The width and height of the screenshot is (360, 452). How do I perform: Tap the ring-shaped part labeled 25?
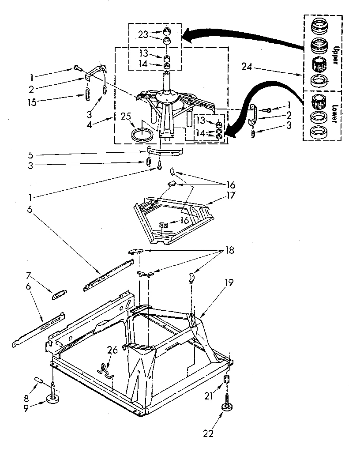[142, 134]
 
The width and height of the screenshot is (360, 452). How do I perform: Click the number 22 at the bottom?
[208, 434]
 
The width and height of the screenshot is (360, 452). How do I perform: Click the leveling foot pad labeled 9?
[53, 400]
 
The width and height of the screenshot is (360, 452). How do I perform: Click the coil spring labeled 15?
[87, 94]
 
